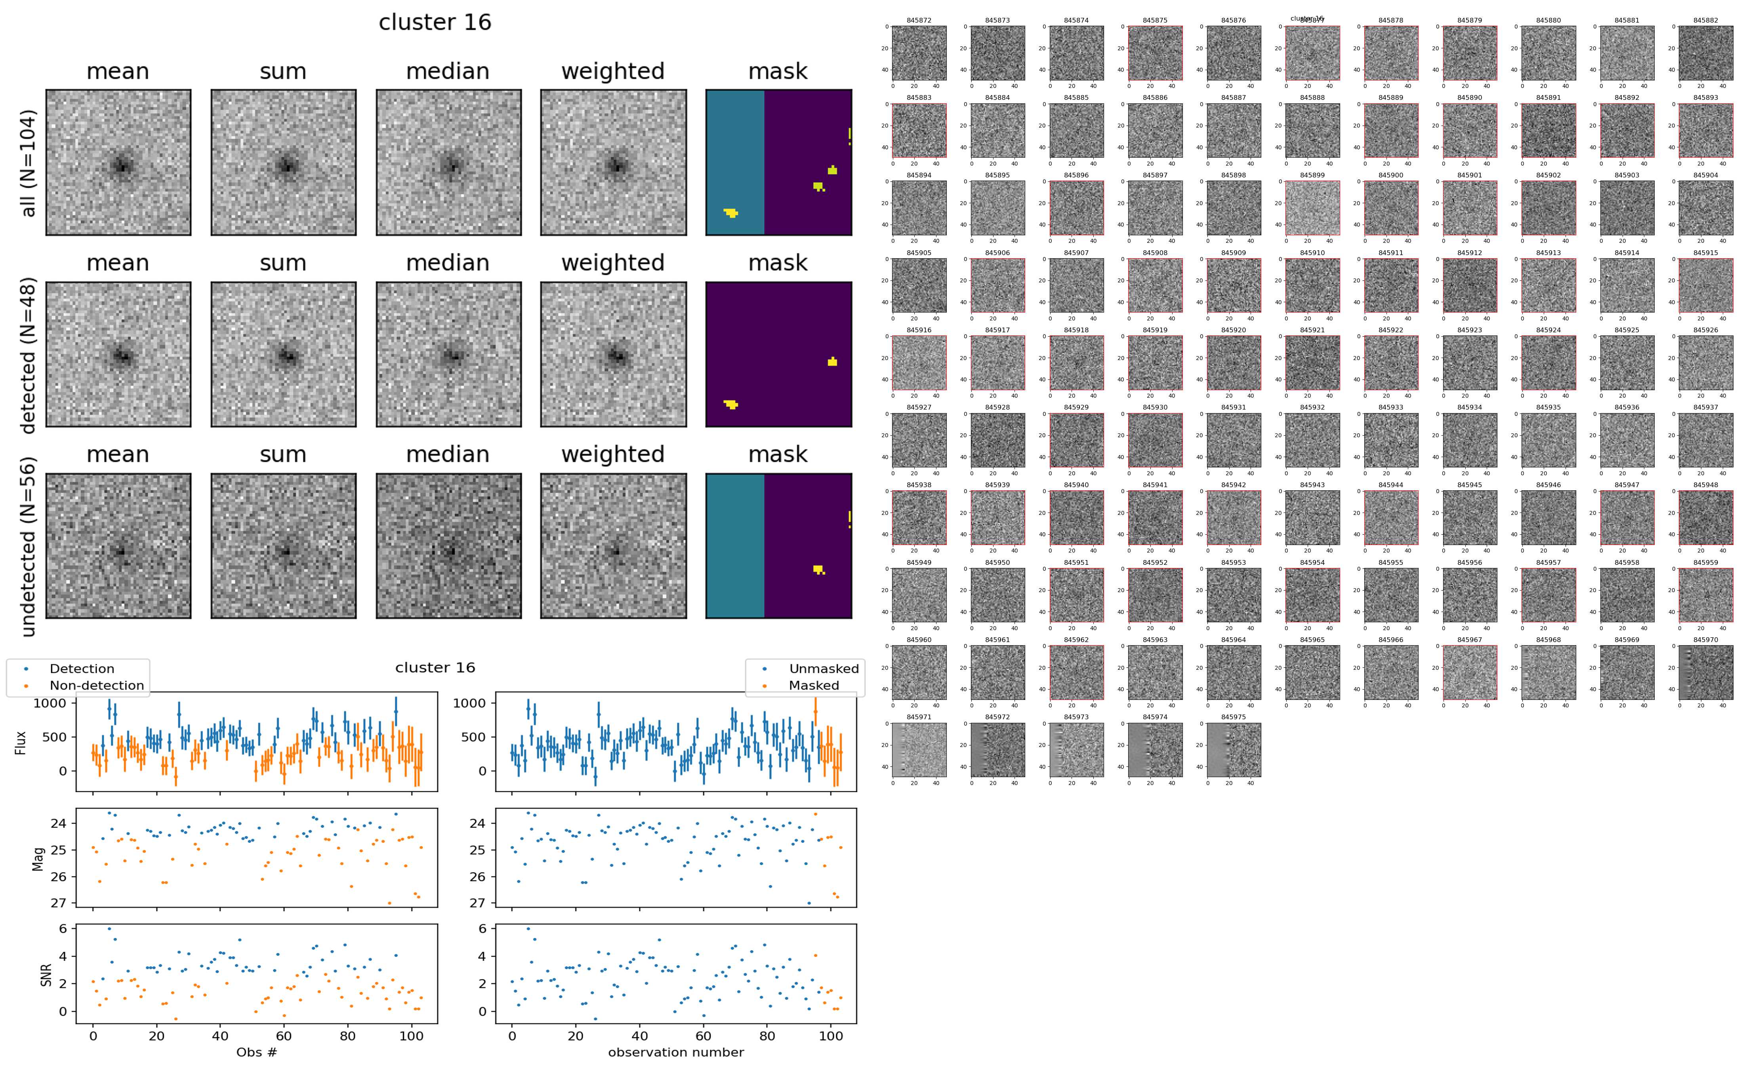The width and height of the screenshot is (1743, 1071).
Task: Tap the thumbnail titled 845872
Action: (x=919, y=53)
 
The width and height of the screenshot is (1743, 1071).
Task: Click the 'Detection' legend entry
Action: (x=82, y=669)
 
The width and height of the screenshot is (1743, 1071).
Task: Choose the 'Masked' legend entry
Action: (x=814, y=685)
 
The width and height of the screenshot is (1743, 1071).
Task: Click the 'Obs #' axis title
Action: (x=256, y=1052)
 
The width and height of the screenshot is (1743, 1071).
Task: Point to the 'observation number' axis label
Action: (x=676, y=1052)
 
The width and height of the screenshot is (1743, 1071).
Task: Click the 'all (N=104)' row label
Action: (x=29, y=163)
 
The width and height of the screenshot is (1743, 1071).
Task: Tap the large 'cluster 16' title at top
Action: (x=435, y=23)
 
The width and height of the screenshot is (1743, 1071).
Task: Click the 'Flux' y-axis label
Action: (x=21, y=741)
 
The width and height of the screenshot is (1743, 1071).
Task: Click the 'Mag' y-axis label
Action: (x=39, y=858)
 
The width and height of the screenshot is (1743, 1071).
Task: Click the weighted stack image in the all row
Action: (x=613, y=162)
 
